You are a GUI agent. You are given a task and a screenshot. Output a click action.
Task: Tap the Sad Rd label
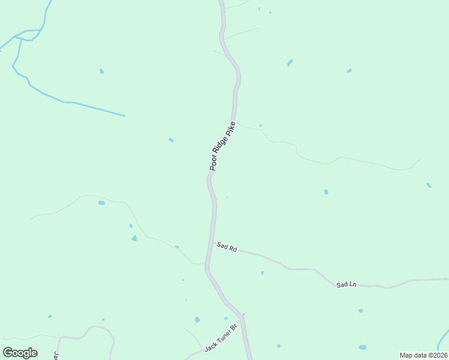point(228,246)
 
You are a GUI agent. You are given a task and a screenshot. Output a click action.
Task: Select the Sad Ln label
point(346,284)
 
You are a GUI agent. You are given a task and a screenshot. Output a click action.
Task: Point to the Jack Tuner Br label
point(221,337)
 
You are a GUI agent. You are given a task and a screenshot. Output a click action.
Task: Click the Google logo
point(20,353)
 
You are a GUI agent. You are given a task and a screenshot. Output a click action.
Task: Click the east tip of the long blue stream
point(124,115)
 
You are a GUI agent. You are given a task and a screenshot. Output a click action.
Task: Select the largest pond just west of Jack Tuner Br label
point(197,320)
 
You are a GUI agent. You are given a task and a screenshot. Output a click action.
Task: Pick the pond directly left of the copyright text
point(363,347)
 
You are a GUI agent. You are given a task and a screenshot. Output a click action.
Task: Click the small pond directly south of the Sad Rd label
point(262,273)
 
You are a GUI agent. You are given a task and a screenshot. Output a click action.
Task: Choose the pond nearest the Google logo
point(50,316)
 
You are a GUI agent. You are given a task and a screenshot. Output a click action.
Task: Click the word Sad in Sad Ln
point(342,283)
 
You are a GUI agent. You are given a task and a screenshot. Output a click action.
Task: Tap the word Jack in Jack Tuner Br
point(211,346)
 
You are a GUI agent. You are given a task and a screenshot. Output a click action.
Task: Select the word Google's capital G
point(8,353)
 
